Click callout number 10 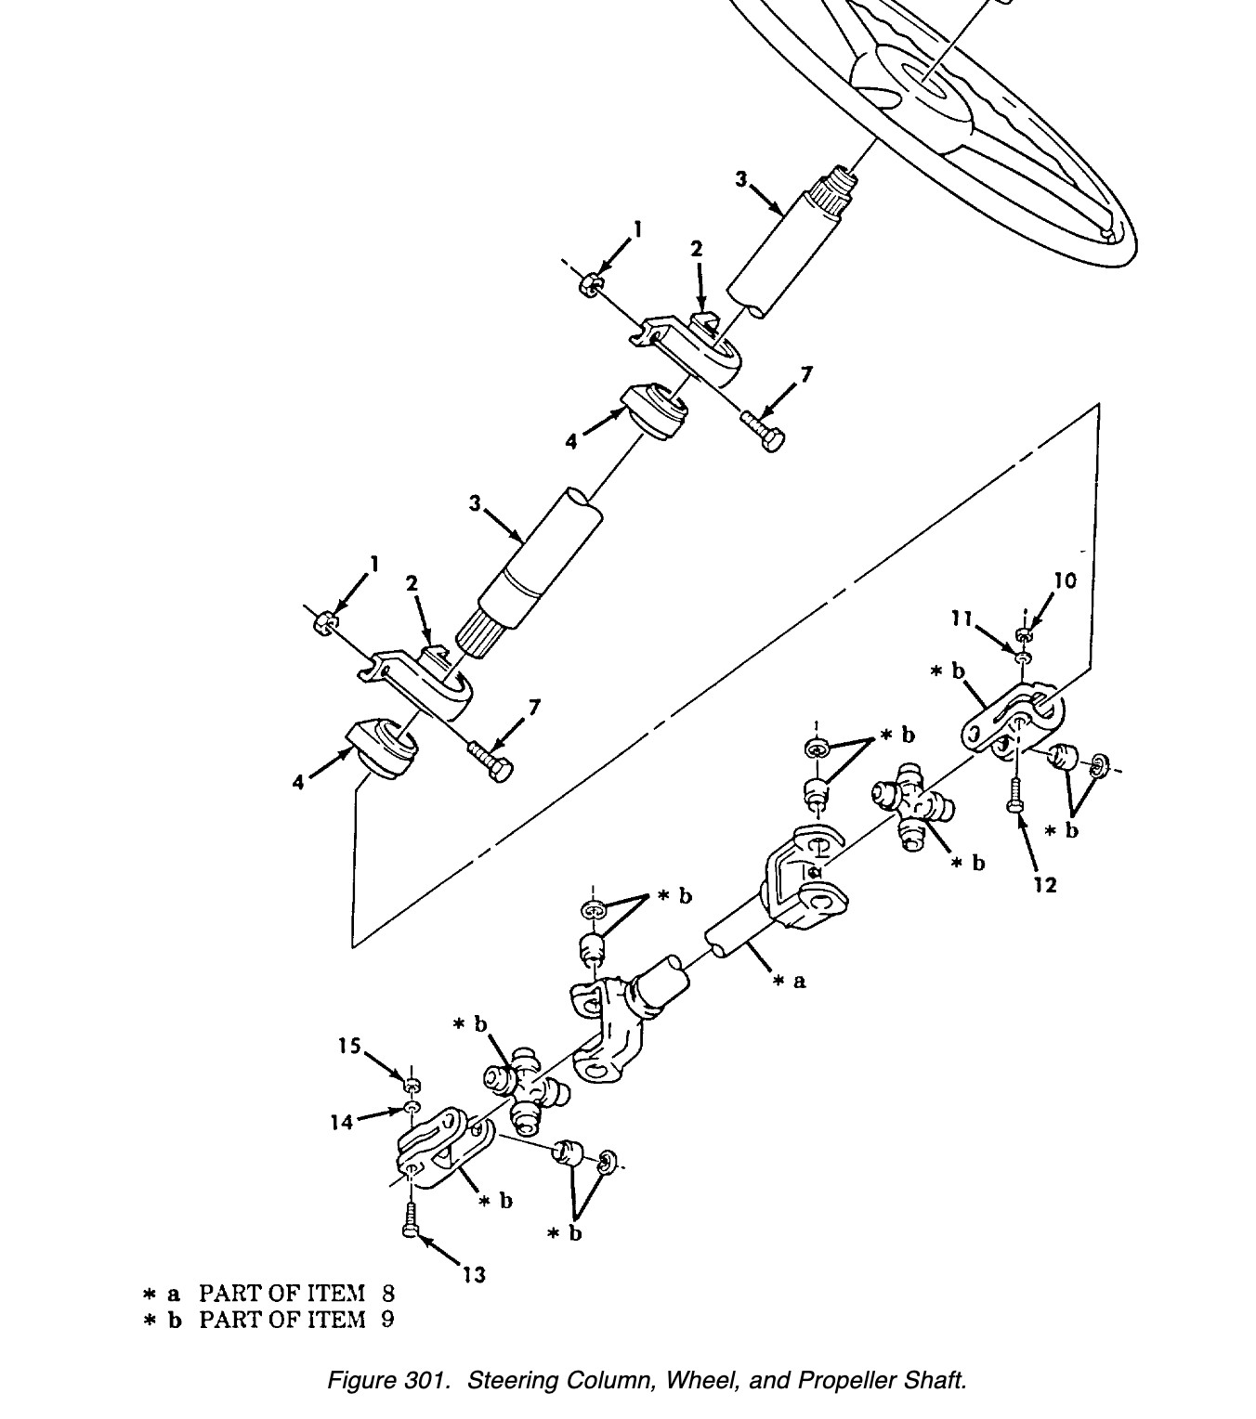[1065, 580]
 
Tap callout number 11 [962, 618]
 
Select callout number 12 [1044, 885]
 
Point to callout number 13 [474, 1275]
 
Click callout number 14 [341, 1123]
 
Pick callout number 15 [349, 1047]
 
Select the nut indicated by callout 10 [1024, 634]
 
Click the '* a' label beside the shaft [790, 982]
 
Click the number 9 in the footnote [387, 1320]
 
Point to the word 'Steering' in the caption [513, 1381]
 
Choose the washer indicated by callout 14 [412, 1107]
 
